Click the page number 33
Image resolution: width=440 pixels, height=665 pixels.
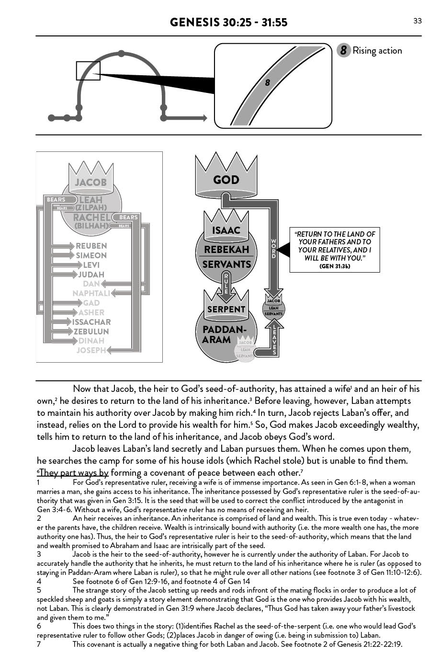(417, 21)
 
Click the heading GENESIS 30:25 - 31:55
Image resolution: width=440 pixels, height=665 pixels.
(228, 23)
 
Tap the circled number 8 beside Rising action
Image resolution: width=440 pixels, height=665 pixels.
(343, 50)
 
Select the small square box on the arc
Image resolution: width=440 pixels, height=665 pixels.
(88, 71)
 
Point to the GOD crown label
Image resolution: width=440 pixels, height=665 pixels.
(226, 180)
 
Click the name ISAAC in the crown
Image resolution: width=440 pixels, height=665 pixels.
(226, 230)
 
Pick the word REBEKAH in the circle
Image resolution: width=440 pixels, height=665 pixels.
(226, 250)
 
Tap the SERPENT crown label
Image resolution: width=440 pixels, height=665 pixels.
(226, 310)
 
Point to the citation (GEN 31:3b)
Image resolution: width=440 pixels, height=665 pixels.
(335, 266)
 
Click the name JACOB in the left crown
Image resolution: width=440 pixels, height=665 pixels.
(90, 182)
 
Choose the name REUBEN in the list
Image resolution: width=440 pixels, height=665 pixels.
(91, 246)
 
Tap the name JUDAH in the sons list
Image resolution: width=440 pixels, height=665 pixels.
(91, 275)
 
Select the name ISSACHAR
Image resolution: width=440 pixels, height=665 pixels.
(91, 322)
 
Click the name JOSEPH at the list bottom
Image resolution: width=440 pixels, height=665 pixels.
(91, 350)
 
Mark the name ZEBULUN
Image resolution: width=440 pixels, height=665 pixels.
(91, 332)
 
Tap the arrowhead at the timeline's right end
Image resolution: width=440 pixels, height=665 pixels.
(204, 118)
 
